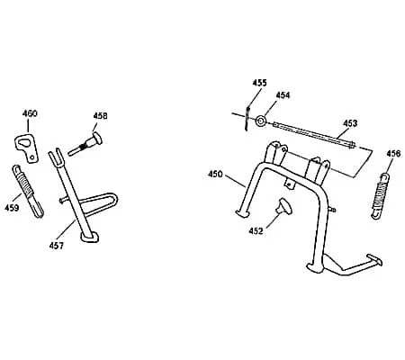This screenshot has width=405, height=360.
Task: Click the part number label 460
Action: (x=30, y=113)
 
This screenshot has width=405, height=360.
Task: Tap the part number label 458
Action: (x=100, y=116)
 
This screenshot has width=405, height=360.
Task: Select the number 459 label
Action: (x=12, y=208)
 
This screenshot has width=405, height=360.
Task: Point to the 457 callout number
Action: (x=57, y=246)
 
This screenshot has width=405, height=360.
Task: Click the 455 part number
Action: (x=259, y=83)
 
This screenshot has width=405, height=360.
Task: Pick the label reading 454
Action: (x=283, y=95)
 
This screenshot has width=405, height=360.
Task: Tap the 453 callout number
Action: (x=350, y=123)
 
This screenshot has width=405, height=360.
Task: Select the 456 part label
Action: (x=393, y=154)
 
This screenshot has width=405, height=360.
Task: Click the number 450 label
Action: (x=215, y=174)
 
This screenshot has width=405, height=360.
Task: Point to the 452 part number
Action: (x=256, y=231)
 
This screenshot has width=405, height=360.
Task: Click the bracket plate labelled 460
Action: (x=26, y=148)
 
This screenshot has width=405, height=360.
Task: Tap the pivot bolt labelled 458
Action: (x=85, y=145)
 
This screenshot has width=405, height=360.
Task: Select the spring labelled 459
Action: (x=28, y=191)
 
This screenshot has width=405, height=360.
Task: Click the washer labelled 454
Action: (x=260, y=121)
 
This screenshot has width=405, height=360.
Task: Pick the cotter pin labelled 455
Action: (x=247, y=118)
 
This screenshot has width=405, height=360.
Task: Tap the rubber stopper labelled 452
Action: (x=284, y=206)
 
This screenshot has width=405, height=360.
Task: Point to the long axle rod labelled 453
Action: (x=314, y=134)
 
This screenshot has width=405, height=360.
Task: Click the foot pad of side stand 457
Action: (x=90, y=237)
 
